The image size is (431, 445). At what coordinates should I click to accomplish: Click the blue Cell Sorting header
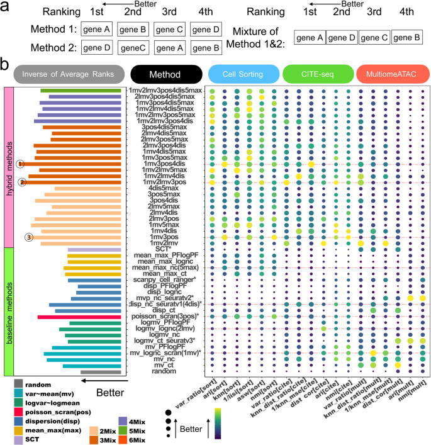pyautogui.click(x=244, y=74)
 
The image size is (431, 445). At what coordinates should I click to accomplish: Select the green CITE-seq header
pyautogui.click(x=318, y=74)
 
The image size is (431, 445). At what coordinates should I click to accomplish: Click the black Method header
pyautogui.click(x=165, y=74)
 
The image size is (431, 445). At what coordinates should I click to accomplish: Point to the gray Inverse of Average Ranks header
pyautogui.click(x=68, y=74)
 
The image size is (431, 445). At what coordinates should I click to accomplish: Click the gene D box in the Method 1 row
pyautogui.click(x=206, y=30)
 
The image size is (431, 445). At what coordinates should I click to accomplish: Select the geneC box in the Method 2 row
pyautogui.click(x=135, y=47)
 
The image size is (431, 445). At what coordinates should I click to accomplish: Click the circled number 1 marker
pyautogui.click(x=21, y=164)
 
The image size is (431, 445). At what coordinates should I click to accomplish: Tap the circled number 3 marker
pyautogui.click(x=28, y=237)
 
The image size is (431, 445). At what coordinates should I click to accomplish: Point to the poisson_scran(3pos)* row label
pyautogui.click(x=166, y=316)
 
